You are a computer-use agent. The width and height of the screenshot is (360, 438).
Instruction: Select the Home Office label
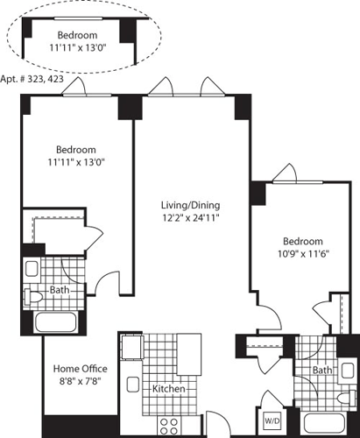coord(81,369)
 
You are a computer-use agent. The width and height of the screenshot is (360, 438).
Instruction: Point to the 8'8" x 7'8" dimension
coord(81,382)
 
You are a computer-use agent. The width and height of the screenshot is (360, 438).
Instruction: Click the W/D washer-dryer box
coord(272,420)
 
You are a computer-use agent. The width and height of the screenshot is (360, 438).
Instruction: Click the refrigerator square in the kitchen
coord(131,349)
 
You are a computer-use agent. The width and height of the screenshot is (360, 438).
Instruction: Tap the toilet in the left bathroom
coord(33,297)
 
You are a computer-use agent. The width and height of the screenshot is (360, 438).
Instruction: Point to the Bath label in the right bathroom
coord(322,371)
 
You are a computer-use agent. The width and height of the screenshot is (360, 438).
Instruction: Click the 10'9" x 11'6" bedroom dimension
coord(302,256)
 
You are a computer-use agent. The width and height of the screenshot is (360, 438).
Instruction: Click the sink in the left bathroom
coord(32,268)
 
